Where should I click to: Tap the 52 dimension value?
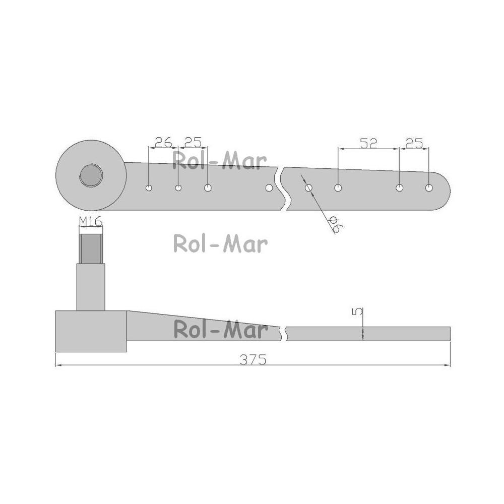pos(368,143)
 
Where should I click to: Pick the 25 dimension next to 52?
pos(414,143)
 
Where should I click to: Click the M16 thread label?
pos(91,221)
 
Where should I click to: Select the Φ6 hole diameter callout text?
pos(336,224)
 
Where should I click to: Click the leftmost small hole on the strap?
pos(149,187)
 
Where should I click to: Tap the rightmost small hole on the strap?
pos(429,187)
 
